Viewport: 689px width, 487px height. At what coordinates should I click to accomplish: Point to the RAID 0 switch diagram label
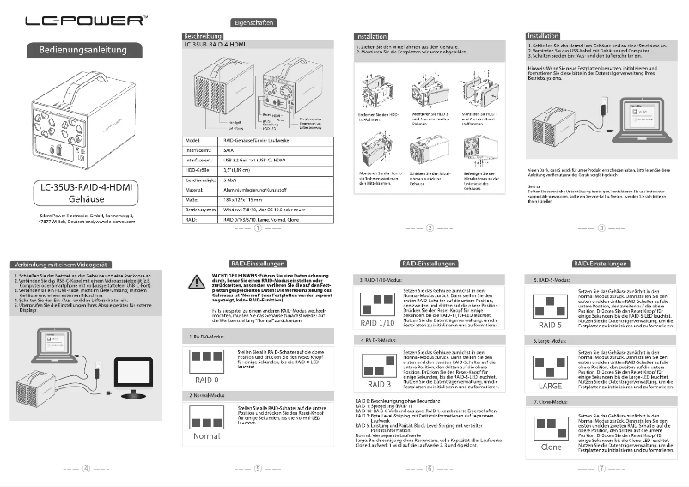[206, 379]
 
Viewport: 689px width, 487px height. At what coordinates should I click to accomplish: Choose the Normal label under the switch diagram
[206, 436]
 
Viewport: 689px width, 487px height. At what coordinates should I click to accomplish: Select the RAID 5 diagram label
[551, 326]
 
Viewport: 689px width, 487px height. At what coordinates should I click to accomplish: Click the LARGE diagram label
[551, 386]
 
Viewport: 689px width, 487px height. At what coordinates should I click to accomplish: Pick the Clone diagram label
[551, 447]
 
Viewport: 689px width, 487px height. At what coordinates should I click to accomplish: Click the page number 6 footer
[429, 469]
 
